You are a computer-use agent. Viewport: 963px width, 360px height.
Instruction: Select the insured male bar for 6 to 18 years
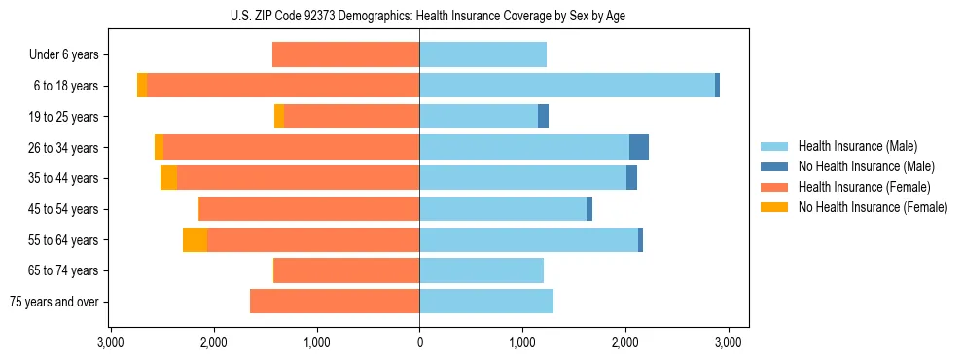coord(567,86)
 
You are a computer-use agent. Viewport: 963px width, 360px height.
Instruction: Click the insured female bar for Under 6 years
coord(345,54)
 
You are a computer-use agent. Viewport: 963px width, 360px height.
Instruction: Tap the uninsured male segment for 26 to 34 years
coord(639,147)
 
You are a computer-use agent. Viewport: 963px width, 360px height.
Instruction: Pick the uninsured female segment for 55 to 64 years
coord(195,239)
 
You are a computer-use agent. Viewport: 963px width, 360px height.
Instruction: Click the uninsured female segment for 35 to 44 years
coord(168,178)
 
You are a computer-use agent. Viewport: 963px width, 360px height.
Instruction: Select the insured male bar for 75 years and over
coord(486,302)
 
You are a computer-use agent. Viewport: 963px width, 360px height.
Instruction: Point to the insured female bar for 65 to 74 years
coord(346,270)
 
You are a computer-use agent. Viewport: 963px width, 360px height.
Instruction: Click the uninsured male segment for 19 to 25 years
coord(543,117)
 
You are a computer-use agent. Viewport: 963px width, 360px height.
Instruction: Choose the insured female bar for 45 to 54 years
coord(309,209)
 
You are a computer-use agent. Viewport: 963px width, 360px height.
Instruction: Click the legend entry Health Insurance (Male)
coord(857,146)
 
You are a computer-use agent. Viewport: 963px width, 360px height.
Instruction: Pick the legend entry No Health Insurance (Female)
coord(872,207)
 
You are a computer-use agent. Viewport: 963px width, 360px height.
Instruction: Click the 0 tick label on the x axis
coord(419,342)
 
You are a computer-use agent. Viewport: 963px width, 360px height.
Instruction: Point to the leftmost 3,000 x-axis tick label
coord(111,342)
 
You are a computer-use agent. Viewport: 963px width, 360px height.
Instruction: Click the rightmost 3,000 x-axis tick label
coord(729,342)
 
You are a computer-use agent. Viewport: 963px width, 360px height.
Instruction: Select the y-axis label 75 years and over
coord(54,302)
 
